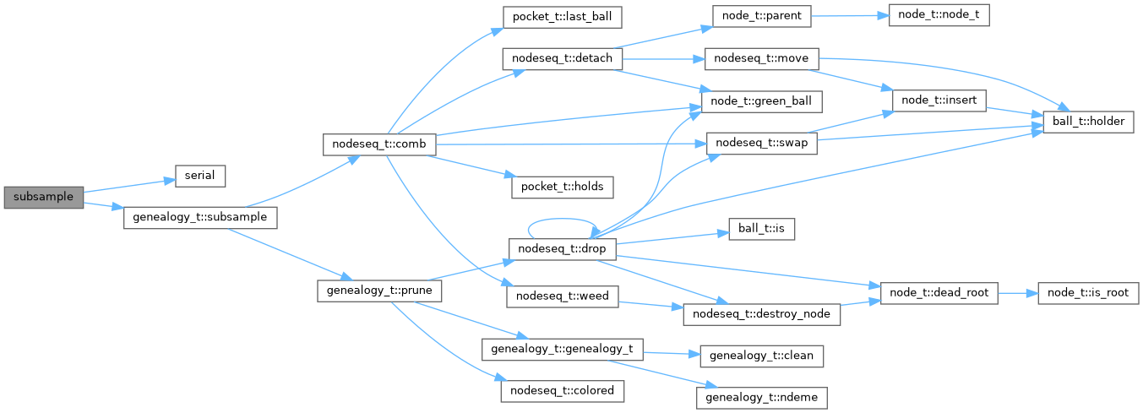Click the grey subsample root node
(x=43, y=198)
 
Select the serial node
(x=200, y=176)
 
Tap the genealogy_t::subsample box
(x=200, y=218)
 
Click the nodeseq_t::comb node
(x=379, y=144)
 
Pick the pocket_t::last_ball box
(x=562, y=18)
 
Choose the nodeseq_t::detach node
(x=562, y=59)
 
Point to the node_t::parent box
(x=762, y=16)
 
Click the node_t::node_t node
(x=939, y=15)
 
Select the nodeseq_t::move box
(x=761, y=59)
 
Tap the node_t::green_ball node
(x=761, y=102)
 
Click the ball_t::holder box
(x=1088, y=122)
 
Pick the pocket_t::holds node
(x=563, y=187)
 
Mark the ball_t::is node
(x=761, y=229)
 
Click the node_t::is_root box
(x=1088, y=293)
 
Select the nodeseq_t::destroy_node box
(x=761, y=314)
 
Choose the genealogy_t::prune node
(x=379, y=291)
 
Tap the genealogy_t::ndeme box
(x=761, y=398)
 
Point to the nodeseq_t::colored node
(x=562, y=391)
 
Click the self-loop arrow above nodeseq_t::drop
(x=561, y=219)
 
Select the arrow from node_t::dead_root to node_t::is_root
(x=1018, y=294)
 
